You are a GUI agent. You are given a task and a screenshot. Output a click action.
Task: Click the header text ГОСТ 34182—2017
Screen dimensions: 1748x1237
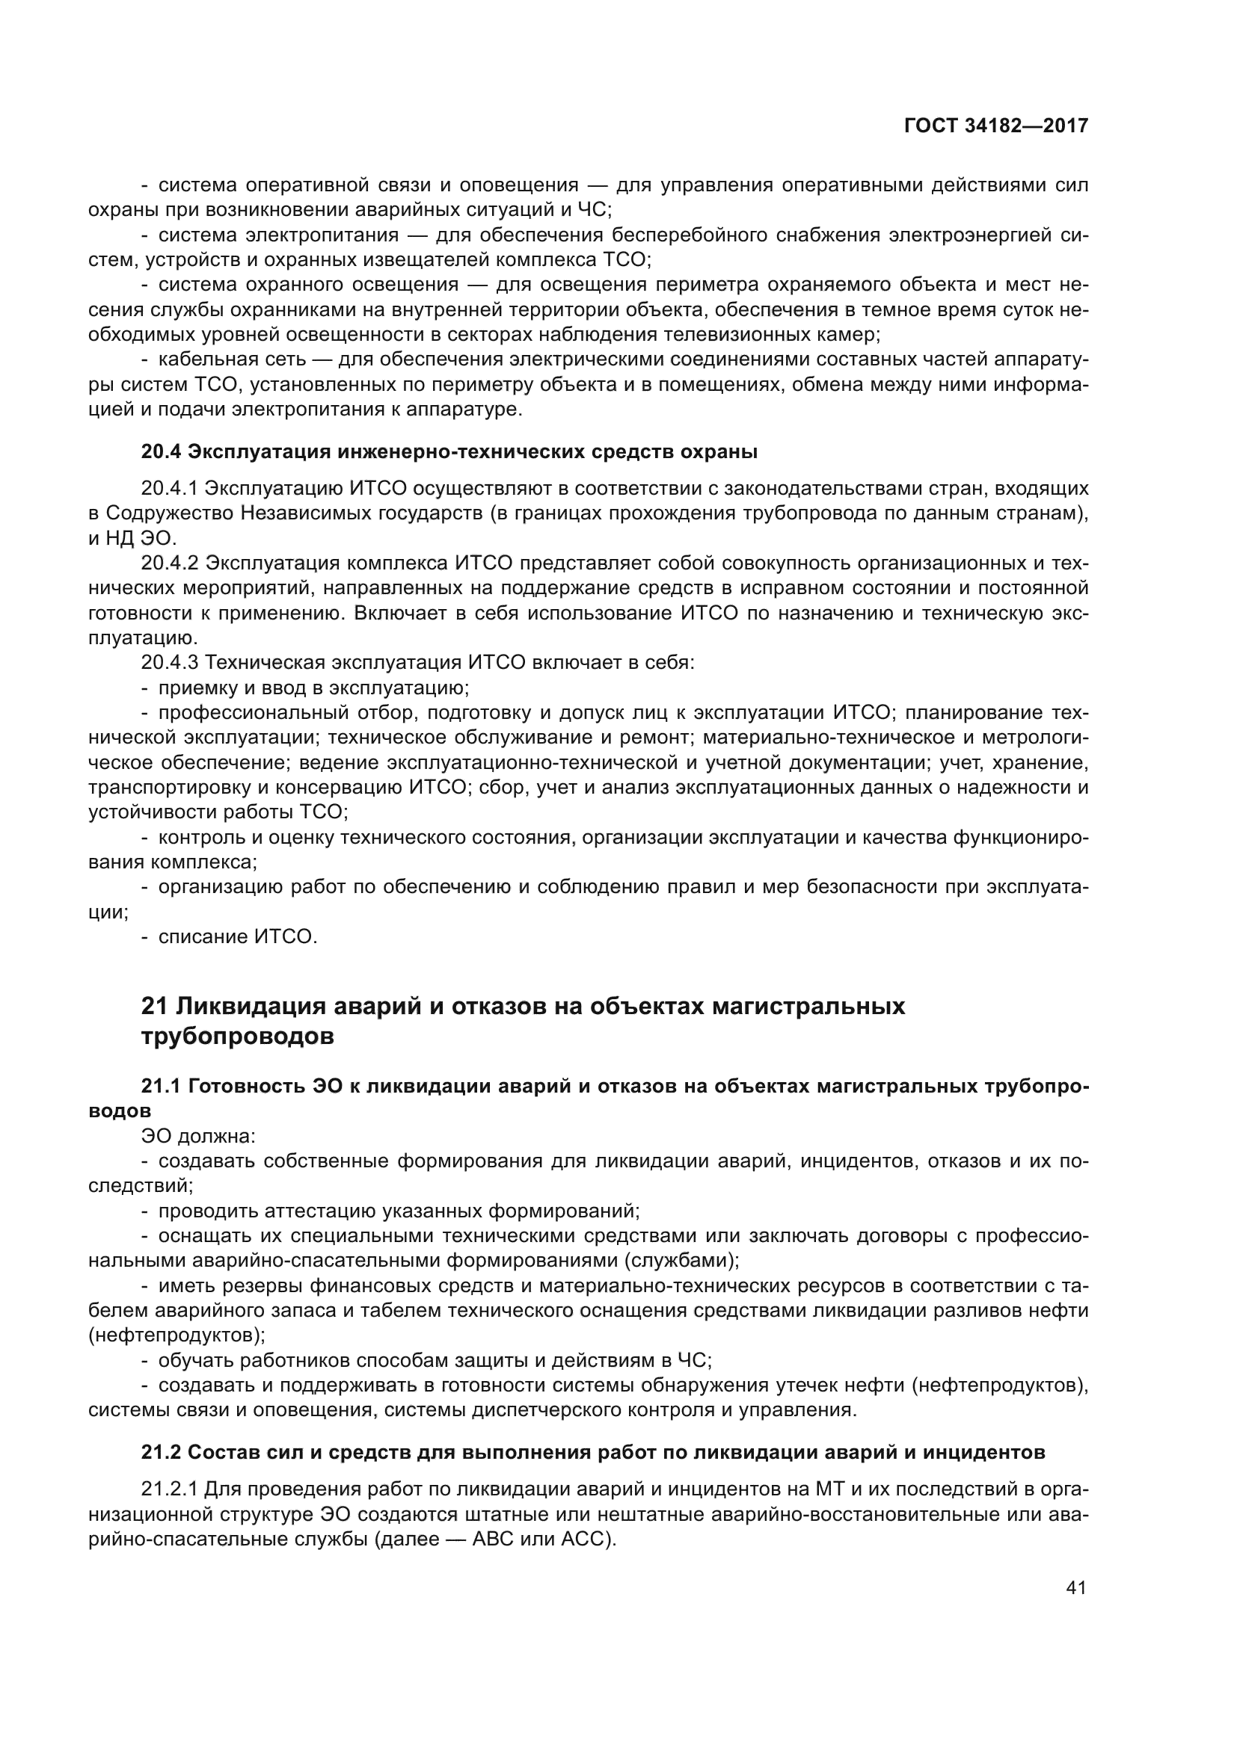995,126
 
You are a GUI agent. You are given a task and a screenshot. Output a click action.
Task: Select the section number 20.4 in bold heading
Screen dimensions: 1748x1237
161,452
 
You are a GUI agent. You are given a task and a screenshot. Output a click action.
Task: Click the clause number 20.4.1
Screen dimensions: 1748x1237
169,488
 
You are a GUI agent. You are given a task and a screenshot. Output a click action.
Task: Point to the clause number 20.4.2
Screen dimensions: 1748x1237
169,563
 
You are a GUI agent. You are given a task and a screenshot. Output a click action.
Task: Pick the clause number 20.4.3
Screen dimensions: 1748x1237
169,663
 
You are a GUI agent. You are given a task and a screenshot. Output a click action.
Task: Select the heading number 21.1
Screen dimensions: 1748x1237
161,1087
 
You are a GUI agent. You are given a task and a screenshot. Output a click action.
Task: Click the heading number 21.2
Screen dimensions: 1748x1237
161,1453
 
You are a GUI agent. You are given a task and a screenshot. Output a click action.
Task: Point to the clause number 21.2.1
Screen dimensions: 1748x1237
169,1489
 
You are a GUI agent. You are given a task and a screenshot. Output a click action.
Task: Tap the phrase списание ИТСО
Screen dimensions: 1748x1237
237,937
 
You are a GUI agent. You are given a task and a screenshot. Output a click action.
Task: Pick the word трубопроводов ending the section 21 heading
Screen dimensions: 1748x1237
238,1038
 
